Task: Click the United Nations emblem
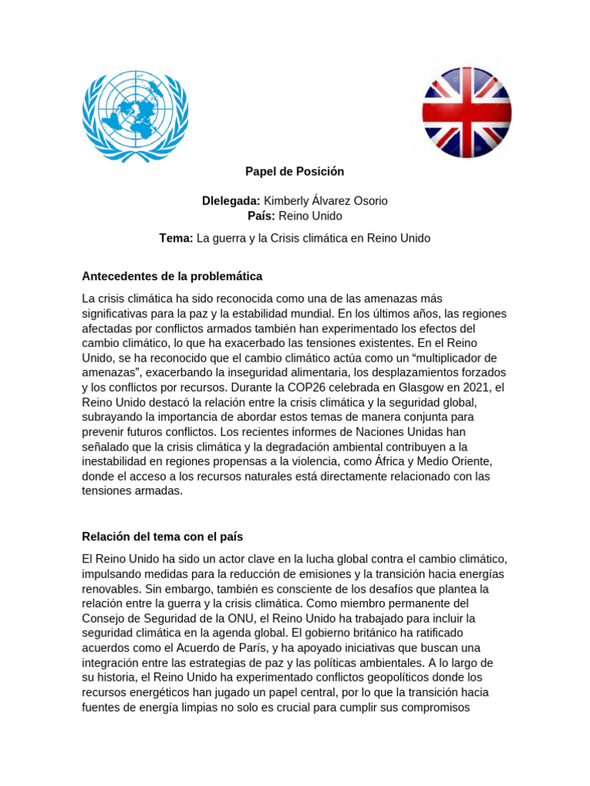pyautogui.click(x=135, y=117)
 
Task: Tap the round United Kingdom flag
pyautogui.click(x=467, y=113)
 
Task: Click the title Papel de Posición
pyautogui.click(x=295, y=171)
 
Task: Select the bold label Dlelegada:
pyautogui.click(x=231, y=201)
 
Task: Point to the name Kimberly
pyautogui.click(x=289, y=201)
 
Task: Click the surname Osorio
pyautogui.click(x=368, y=201)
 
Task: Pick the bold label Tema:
pyautogui.click(x=176, y=239)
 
